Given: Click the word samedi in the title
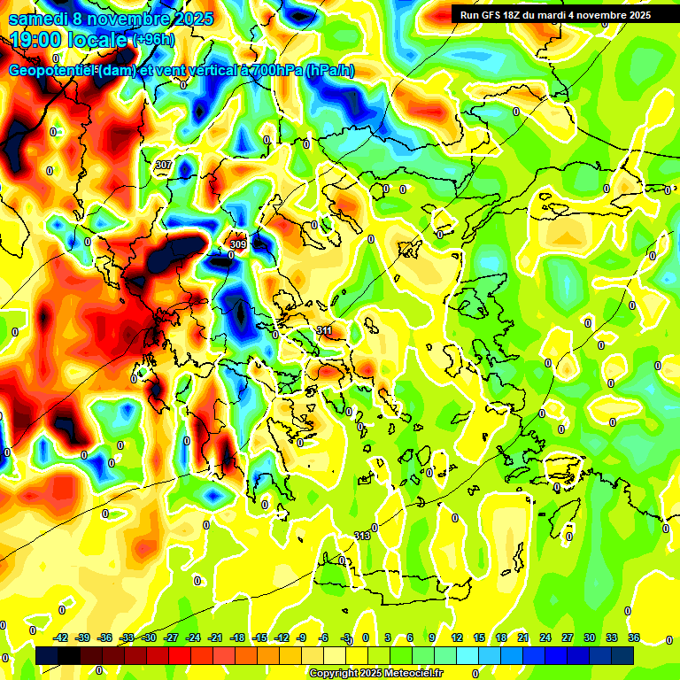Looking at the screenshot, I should click(x=38, y=18).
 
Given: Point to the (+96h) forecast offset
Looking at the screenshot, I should click(x=153, y=40).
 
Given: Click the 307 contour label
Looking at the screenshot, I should click(x=163, y=165).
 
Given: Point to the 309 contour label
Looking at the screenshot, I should click(x=237, y=243).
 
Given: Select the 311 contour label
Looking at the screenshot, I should click(x=324, y=330).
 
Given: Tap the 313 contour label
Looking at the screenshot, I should click(x=361, y=536).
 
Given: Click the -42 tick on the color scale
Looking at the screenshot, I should click(x=60, y=637).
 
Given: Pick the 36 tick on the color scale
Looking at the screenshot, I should click(x=633, y=637).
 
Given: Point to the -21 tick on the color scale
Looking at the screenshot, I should click(x=215, y=637).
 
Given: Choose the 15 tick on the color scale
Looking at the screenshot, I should click(x=479, y=637).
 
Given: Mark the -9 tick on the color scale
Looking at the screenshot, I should click(x=302, y=637).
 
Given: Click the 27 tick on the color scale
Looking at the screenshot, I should click(x=567, y=637).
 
